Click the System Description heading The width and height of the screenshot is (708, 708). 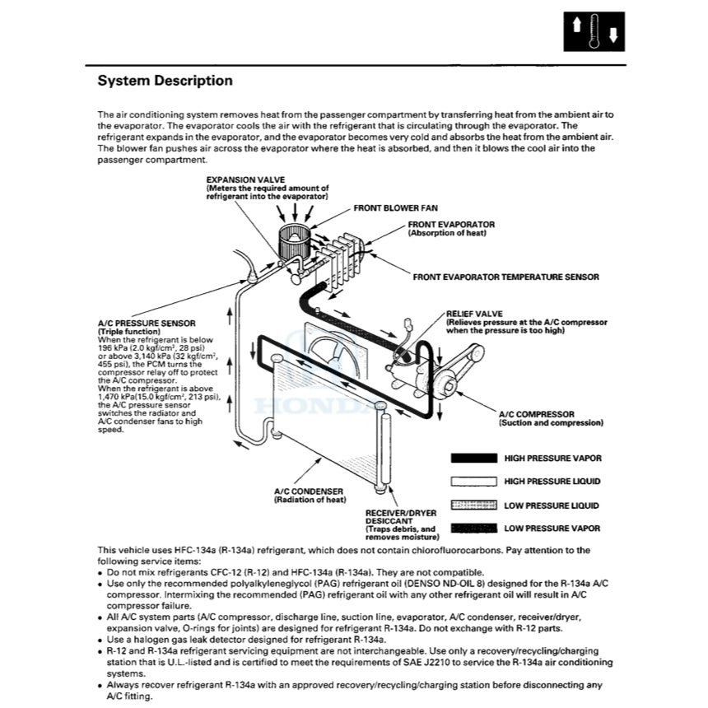coord(165,81)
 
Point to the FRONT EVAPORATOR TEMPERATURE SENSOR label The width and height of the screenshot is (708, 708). coord(505,277)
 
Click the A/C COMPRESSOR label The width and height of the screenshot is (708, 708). coord(536,414)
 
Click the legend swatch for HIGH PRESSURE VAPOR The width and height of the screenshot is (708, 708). coord(473,458)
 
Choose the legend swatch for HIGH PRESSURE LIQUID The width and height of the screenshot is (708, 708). coord(473,482)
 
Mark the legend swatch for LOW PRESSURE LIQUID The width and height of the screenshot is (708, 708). coord(473,505)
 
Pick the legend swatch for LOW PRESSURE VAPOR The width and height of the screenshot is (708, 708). coord(473,528)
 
